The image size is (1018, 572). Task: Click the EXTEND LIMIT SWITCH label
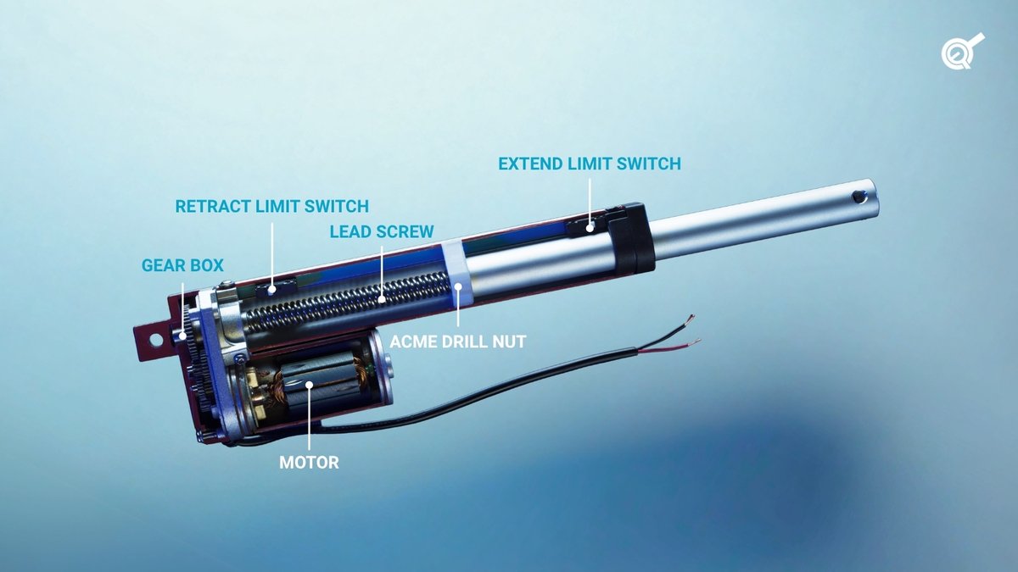point(590,164)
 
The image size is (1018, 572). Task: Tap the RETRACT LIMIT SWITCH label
point(271,206)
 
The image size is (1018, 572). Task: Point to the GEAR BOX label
point(182,266)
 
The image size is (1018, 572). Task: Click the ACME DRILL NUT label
point(459,342)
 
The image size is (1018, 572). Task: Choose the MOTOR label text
point(310,463)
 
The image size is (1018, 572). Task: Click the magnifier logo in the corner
point(962,52)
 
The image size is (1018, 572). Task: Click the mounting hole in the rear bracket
point(154,339)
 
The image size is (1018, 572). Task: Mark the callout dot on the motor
point(310,386)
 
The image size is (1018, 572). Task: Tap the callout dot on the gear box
point(182,336)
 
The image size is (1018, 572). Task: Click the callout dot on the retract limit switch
point(271,288)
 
